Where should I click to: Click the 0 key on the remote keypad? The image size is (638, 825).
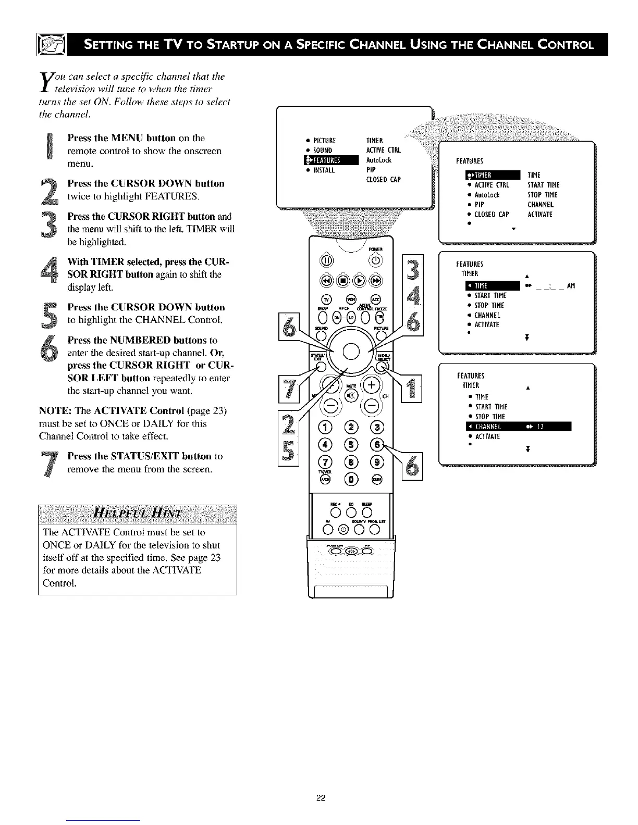tap(350, 479)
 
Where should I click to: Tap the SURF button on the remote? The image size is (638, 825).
tap(376, 479)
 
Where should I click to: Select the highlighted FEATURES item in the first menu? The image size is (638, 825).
tap(331, 160)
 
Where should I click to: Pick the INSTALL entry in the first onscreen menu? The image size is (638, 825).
tap(321, 170)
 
